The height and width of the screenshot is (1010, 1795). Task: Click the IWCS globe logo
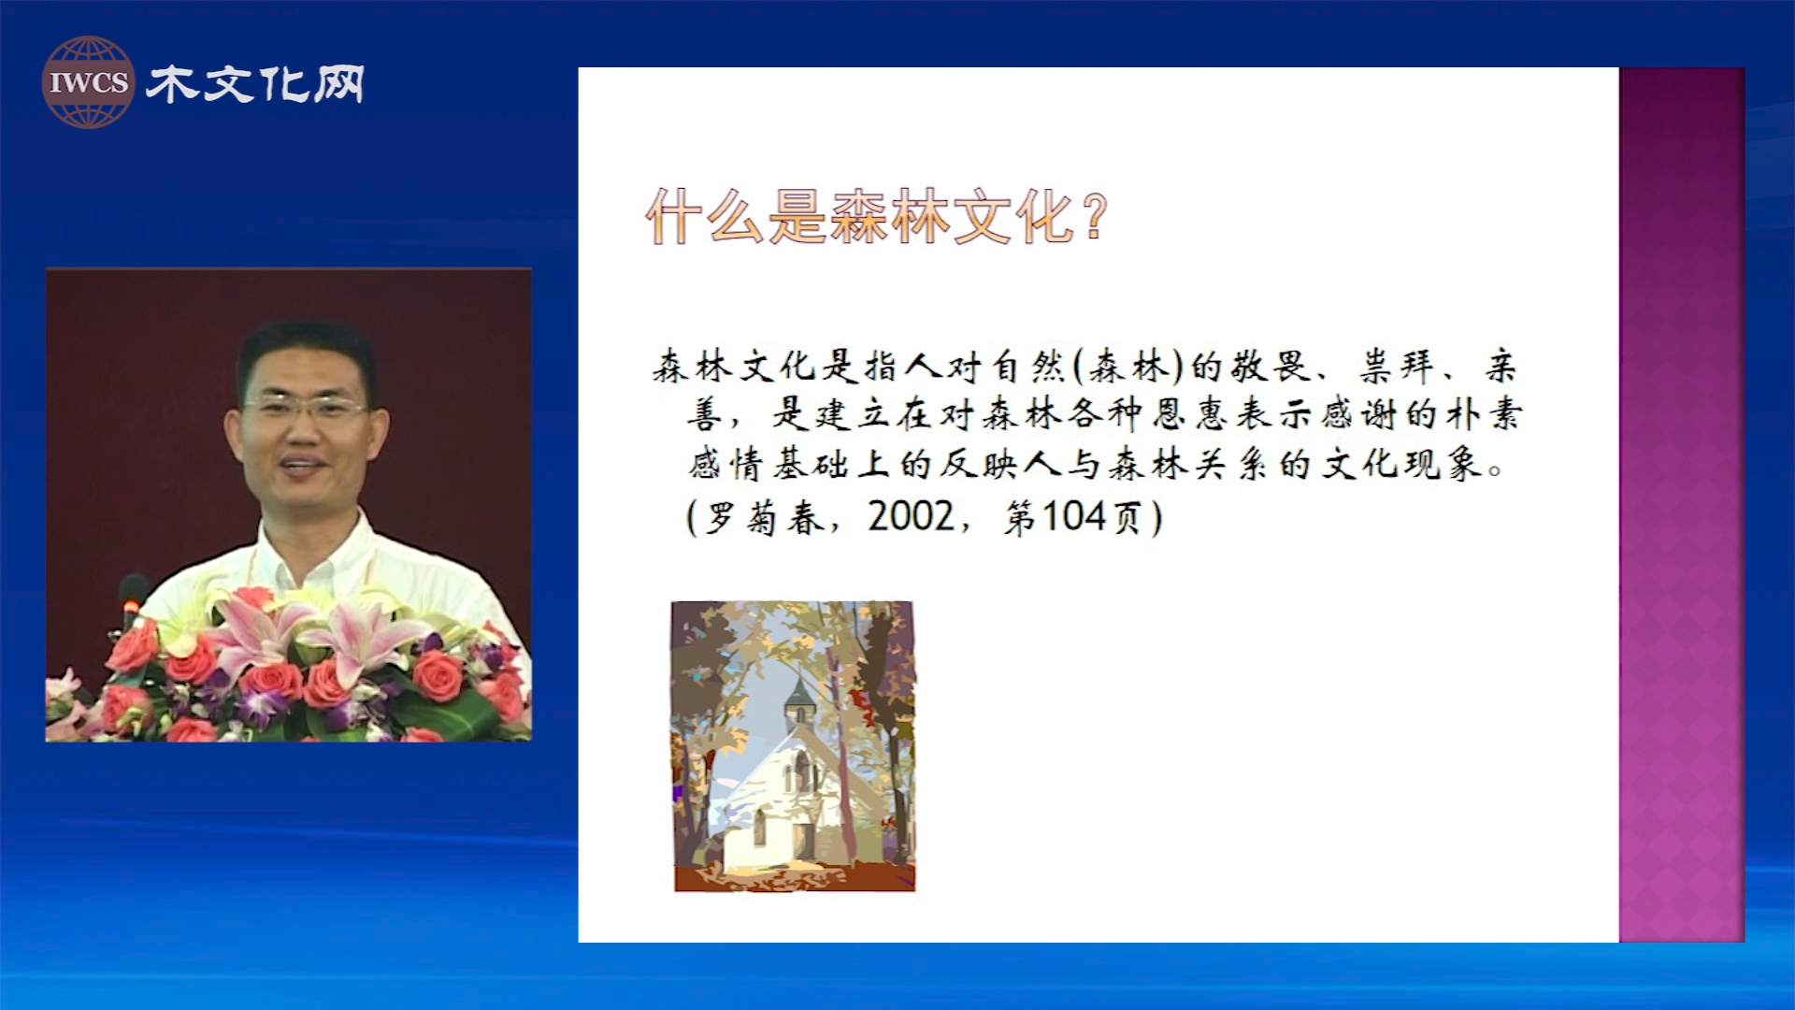point(88,82)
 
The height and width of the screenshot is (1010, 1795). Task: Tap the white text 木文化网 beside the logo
point(255,84)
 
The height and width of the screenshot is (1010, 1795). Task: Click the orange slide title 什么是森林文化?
point(877,216)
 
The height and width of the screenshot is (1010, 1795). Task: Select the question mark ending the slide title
point(1096,216)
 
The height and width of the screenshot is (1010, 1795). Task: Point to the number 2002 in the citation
point(911,516)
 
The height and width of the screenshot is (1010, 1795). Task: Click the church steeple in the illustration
point(800,697)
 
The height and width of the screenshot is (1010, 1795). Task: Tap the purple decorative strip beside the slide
point(1682,505)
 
